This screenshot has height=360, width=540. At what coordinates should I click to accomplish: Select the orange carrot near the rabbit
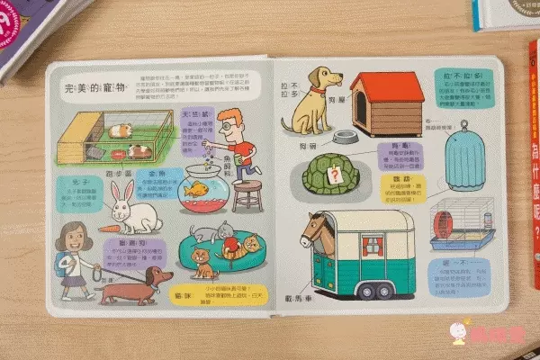tap(108, 229)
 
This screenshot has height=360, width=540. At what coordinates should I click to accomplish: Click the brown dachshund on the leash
tap(135, 285)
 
